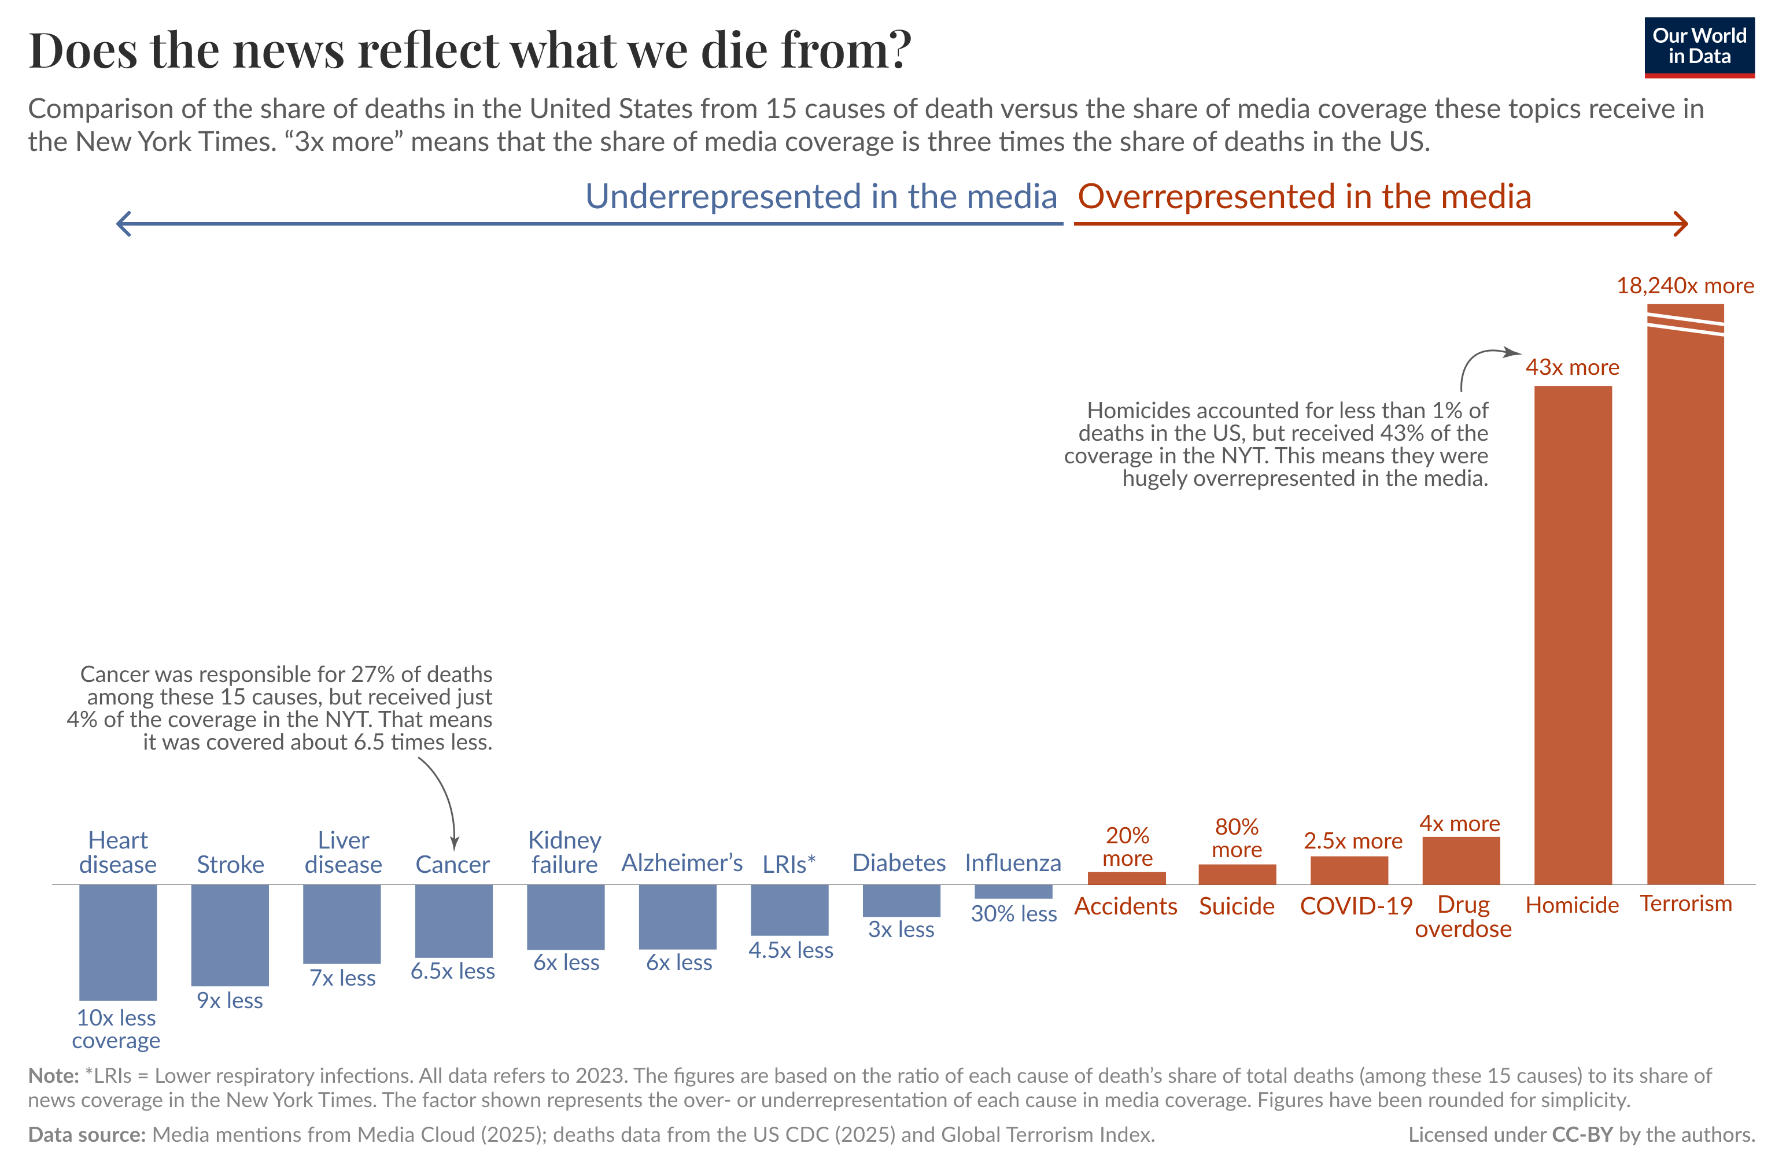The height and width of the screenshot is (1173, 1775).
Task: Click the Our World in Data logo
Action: click(1698, 46)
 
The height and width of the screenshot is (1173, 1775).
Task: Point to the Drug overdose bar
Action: click(1460, 860)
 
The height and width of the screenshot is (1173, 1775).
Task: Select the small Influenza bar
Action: click(1013, 890)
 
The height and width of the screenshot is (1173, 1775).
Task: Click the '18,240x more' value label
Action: click(1685, 286)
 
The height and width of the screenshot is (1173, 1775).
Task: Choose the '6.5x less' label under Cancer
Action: click(452, 971)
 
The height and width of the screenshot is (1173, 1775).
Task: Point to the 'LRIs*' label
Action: click(788, 864)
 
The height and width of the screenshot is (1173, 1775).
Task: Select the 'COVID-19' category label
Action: click(1355, 906)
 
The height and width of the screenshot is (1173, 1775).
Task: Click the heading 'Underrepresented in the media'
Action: click(821, 197)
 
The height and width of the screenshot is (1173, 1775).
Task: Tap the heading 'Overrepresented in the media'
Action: click(1304, 197)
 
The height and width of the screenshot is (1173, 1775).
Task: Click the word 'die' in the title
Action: click(732, 50)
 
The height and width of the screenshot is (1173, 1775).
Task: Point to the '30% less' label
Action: click(1013, 913)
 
